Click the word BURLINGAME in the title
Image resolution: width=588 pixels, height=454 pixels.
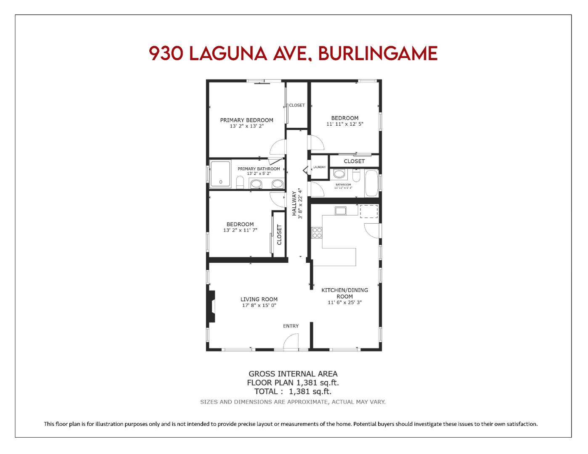click(377, 53)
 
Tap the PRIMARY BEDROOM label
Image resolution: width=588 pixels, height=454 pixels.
click(246, 120)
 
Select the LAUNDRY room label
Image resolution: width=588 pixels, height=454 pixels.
click(319, 167)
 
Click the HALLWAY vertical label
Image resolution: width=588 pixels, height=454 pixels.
click(294, 203)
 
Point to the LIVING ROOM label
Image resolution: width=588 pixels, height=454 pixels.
click(259, 299)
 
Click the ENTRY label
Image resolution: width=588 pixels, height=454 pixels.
click(291, 326)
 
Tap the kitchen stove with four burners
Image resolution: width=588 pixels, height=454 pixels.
click(317, 233)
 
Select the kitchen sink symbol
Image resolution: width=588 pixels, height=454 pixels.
click(340, 211)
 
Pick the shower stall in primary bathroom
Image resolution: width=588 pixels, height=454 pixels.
click(220, 173)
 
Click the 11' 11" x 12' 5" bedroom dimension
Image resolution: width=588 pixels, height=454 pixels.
click(344, 124)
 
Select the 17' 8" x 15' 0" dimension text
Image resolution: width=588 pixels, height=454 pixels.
click(259, 306)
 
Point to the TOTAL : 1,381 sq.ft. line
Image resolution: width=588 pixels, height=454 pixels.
click(293, 391)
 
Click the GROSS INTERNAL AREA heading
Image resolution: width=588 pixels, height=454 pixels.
click(293, 374)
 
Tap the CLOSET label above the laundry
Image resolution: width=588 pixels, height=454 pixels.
click(354, 161)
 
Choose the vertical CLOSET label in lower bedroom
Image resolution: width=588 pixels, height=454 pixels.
click(279, 235)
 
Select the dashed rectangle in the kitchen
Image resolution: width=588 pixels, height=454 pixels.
click(369, 211)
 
